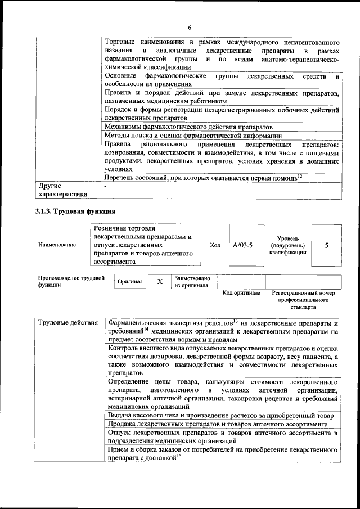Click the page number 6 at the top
tap(190, 28)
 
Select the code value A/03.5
tap(243, 245)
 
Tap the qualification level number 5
tap(327, 245)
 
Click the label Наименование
tap(57, 245)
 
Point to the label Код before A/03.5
tap(215, 245)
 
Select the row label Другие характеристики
tap(62, 190)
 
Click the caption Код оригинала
tap(241, 293)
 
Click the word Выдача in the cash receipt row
tap(121, 415)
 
